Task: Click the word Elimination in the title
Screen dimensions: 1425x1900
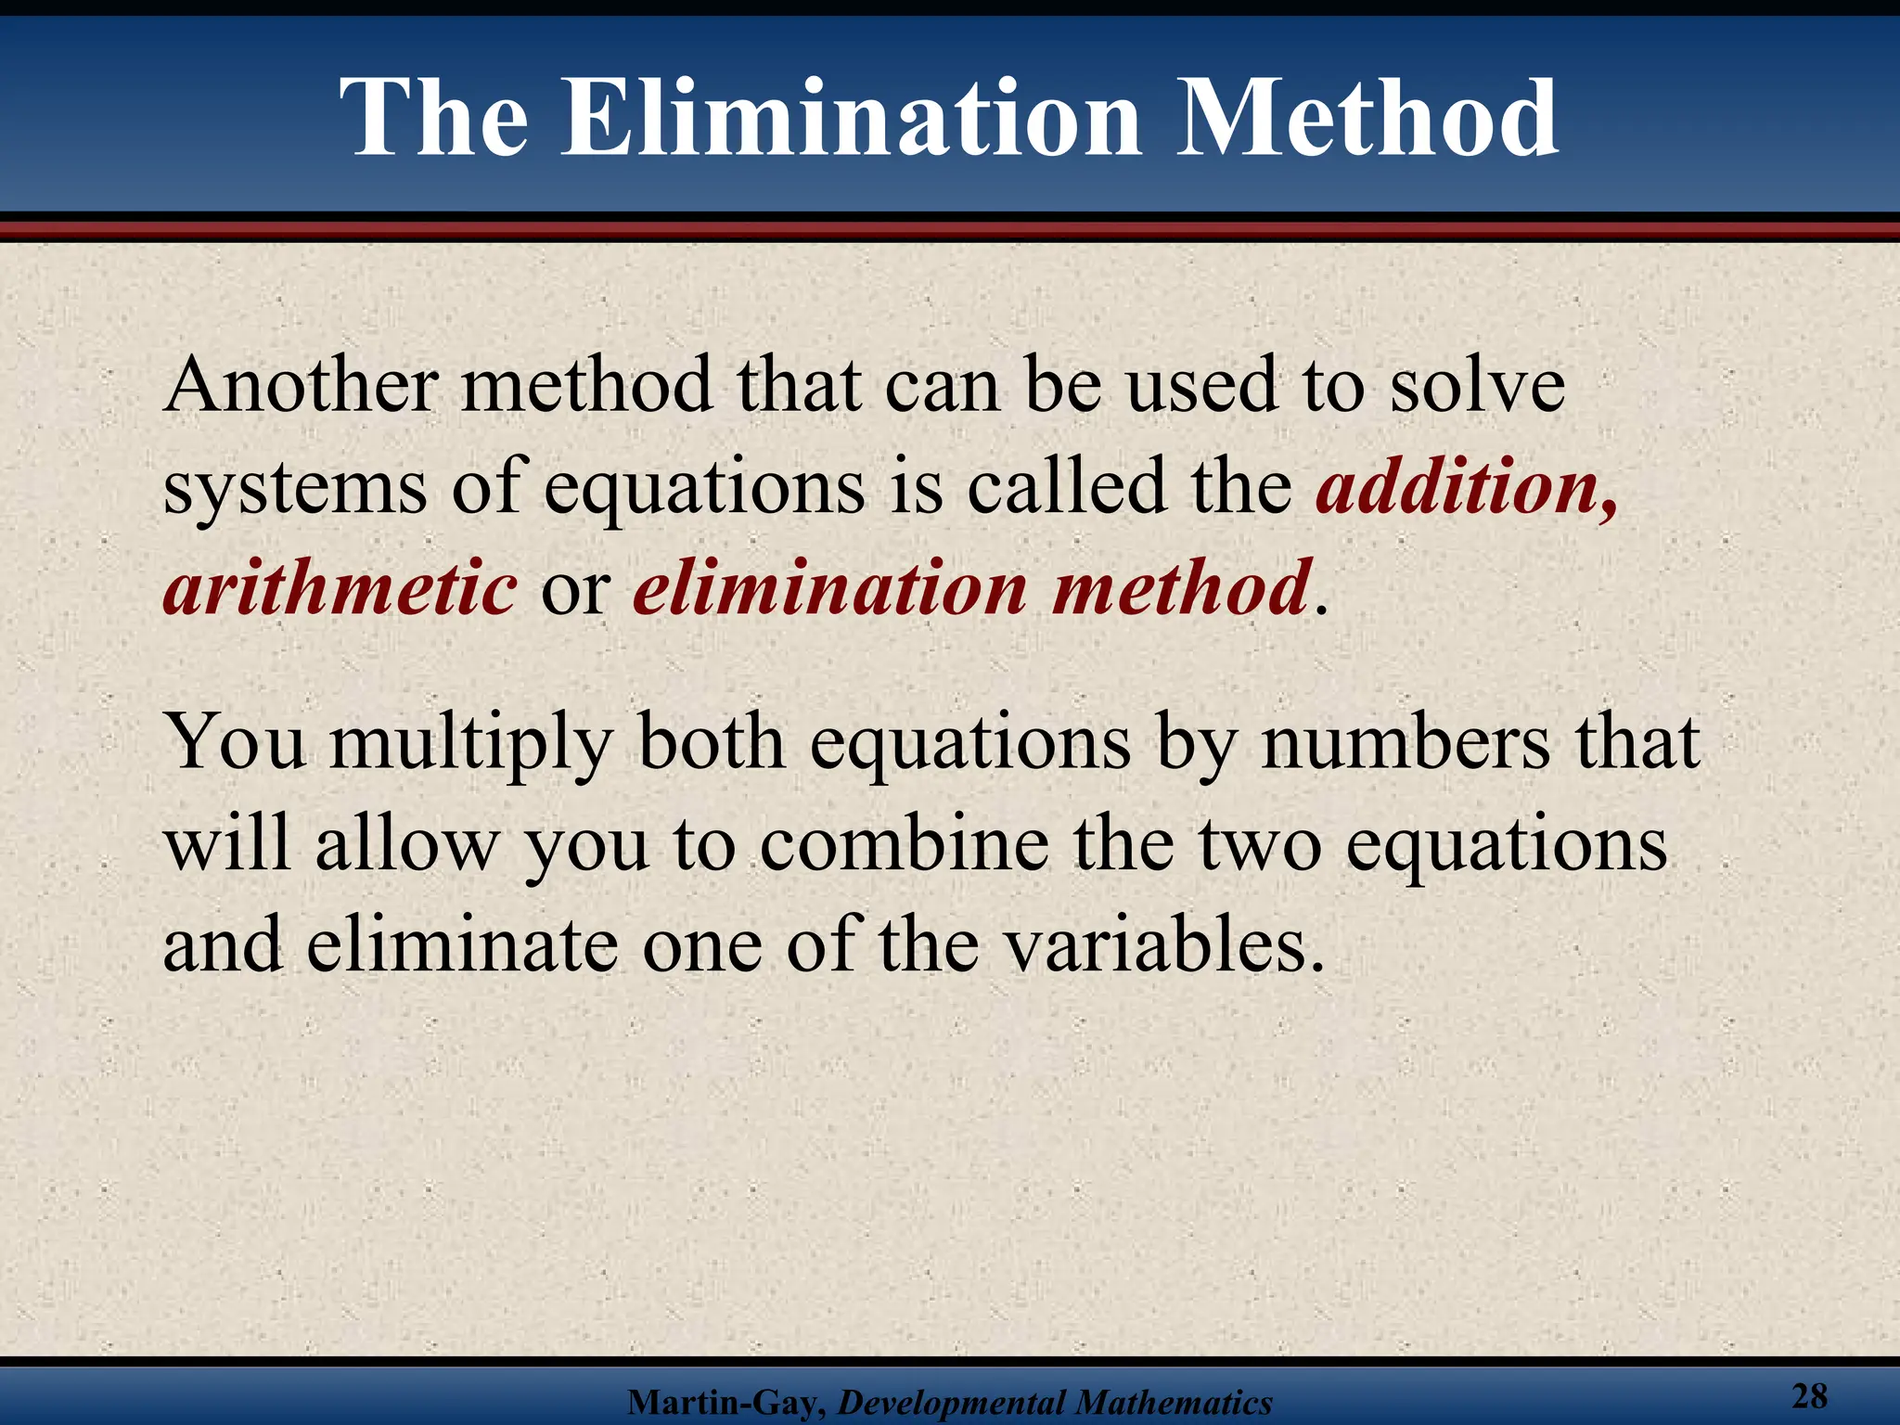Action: (852, 119)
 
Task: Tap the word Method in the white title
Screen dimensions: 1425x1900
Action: (1367, 119)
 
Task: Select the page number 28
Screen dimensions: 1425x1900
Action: (1809, 1394)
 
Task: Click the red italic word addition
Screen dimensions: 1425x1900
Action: (1467, 486)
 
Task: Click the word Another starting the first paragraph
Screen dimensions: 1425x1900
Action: (301, 385)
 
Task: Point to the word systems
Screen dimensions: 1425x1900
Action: (295, 486)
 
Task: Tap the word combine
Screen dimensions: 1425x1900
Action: (904, 844)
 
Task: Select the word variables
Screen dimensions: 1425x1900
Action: (1165, 946)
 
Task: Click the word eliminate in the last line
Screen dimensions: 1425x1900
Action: (462, 946)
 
